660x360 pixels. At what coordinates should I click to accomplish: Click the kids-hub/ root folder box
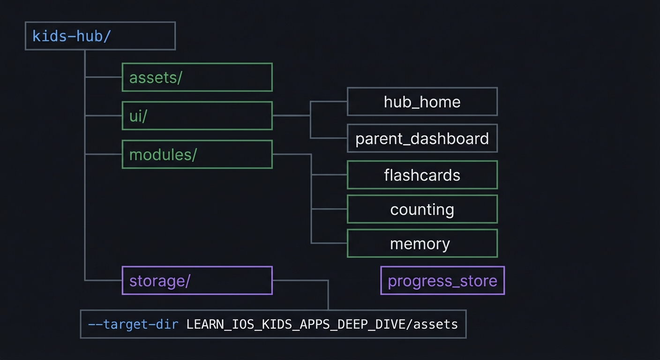(100, 36)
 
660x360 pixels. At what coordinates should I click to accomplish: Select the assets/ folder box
(197, 77)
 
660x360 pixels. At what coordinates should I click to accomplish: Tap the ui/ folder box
(197, 116)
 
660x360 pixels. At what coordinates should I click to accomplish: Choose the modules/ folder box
(197, 154)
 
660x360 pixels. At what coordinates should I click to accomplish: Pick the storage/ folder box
(197, 280)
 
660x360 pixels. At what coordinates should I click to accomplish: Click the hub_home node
(422, 101)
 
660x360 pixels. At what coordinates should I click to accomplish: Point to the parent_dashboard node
(422, 138)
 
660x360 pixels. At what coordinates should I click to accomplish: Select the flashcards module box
(422, 175)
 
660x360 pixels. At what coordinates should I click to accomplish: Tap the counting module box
(422, 209)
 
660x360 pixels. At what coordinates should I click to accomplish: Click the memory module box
(422, 243)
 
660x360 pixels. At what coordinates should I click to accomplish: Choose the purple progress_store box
(442, 280)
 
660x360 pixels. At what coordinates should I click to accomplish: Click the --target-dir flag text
(133, 324)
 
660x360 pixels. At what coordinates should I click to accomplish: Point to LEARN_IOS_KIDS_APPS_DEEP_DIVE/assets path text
(322, 324)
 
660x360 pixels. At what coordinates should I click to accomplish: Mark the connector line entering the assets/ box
(104, 77)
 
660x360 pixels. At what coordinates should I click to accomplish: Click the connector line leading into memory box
(329, 243)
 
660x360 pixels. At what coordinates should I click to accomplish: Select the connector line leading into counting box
(329, 209)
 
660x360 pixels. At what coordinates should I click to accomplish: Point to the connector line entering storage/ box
(104, 280)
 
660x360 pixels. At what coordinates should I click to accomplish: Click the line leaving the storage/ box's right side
(300, 280)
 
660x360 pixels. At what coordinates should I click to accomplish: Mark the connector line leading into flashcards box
(329, 174)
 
